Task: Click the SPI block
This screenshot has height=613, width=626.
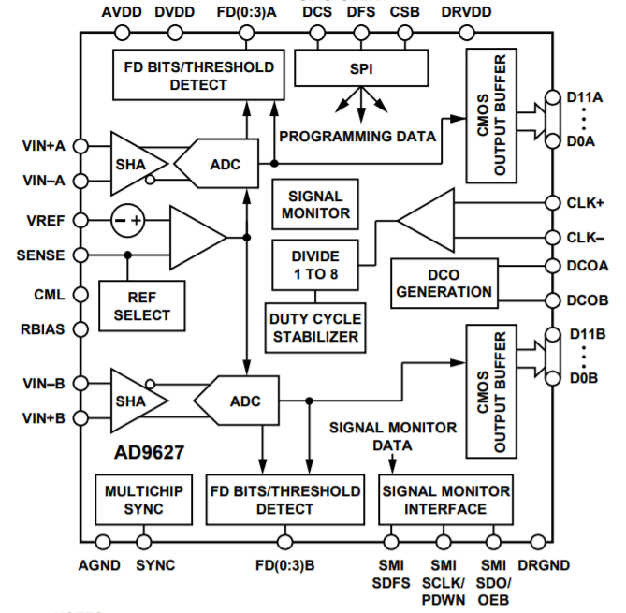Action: point(361,67)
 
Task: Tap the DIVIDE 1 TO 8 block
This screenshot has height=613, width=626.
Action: point(314,265)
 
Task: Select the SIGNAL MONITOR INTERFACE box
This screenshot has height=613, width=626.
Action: point(444,500)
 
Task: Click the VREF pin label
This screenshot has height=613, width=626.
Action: point(45,220)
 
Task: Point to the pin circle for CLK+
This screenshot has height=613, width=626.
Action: point(547,202)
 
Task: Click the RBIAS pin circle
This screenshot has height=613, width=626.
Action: point(80,328)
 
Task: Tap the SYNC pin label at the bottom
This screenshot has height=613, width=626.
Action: point(154,565)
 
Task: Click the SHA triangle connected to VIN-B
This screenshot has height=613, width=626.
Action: point(134,401)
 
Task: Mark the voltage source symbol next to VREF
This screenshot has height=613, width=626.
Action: point(127,220)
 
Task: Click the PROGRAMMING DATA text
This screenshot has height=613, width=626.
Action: point(357,136)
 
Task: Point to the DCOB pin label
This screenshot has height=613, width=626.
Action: point(588,300)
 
